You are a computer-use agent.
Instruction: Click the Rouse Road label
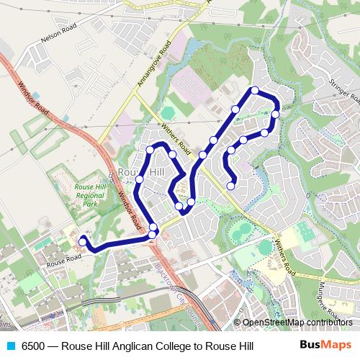[x=60, y=264]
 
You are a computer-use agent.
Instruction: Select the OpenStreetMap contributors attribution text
[x=299, y=322]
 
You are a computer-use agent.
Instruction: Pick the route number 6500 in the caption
[x=35, y=346]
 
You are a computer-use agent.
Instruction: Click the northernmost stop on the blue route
[x=254, y=90]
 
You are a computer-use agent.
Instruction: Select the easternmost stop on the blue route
[x=276, y=114]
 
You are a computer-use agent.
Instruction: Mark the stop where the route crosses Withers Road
[x=203, y=155]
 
